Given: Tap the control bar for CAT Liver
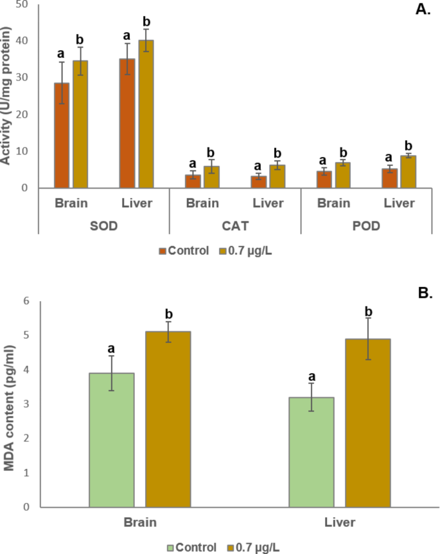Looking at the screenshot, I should pyautogui.click(x=259, y=181).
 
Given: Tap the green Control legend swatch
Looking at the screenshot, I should pyautogui.click(x=171, y=548).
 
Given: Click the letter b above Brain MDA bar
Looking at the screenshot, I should pyautogui.click(x=169, y=314).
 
